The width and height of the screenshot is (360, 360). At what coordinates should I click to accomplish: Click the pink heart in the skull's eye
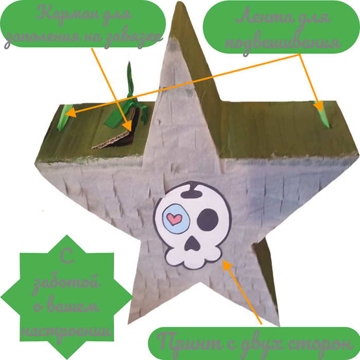174,219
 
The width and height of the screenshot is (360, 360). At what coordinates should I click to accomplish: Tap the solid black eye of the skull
207,220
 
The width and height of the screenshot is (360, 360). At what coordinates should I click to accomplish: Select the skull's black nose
192,243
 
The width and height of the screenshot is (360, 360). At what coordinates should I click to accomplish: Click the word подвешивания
283,43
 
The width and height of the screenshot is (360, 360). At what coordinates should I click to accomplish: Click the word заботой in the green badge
66,282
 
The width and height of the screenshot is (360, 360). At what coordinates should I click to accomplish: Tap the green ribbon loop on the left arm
64,117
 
